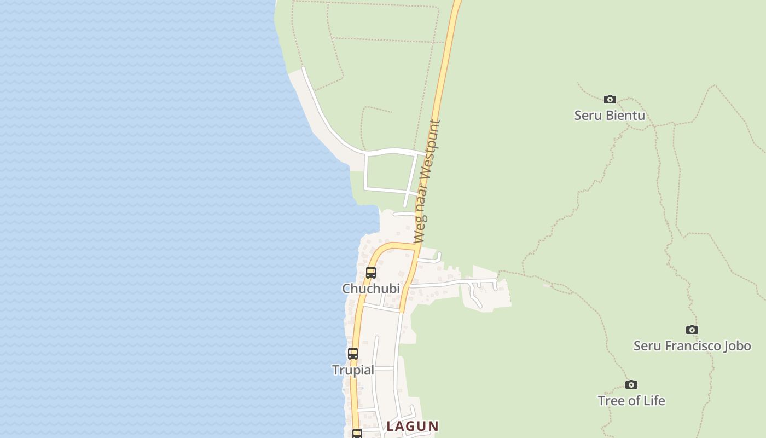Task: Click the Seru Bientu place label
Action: [609, 115]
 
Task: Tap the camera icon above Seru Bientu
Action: [610, 99]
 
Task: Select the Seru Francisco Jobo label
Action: [692, 345]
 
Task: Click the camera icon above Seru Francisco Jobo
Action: [692, 330]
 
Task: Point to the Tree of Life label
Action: [631, 400]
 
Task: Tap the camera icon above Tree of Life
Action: [631, 384]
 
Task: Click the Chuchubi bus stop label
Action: [370, 288]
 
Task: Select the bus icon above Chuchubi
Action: [370, 272]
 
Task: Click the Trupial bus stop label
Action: [353, 370]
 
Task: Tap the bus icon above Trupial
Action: [353, 354]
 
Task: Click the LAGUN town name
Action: [413, 426]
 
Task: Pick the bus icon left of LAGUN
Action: [357, 434]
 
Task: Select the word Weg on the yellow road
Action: [419, 232]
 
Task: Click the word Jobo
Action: [736, 345]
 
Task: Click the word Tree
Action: [610, 400]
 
